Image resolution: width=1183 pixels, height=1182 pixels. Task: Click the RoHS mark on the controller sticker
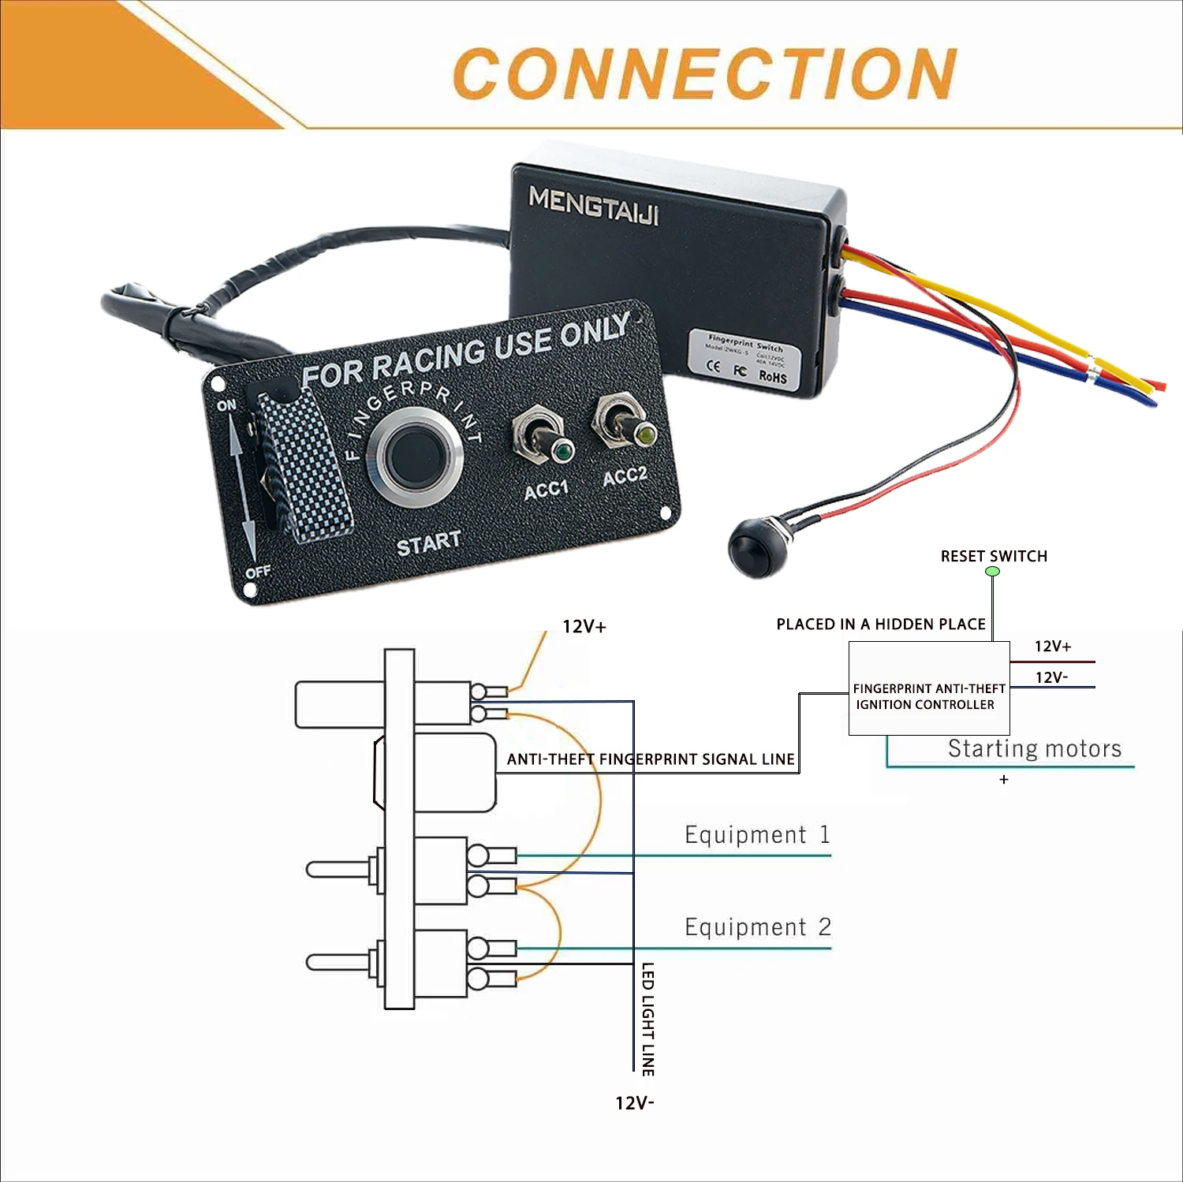(x=772, y=376)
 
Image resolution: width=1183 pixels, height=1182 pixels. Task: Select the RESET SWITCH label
(x=994, y=556)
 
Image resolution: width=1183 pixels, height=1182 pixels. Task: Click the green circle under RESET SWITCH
(x=993, y=572)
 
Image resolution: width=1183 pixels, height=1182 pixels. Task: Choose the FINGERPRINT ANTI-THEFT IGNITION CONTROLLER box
(x=929, y=688)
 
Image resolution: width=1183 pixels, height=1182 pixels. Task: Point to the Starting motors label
(x=1034, y=748)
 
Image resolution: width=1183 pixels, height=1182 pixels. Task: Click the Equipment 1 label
(x=757, y=834)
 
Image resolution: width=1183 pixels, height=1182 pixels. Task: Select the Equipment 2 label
(x=757, y=927)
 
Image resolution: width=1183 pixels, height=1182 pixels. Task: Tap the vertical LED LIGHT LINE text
(x=647, y=1019)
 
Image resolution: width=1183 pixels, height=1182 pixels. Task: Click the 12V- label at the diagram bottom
(x=634, y=1102)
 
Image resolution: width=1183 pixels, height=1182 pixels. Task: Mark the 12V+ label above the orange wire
(x=584, y=626)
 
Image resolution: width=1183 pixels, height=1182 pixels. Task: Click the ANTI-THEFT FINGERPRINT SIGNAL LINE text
(x=651, y=759)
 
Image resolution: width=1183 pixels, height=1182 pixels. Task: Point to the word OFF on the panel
(x=258, y=571)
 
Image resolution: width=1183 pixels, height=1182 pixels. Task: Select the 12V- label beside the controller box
(x=1051, y=677)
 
